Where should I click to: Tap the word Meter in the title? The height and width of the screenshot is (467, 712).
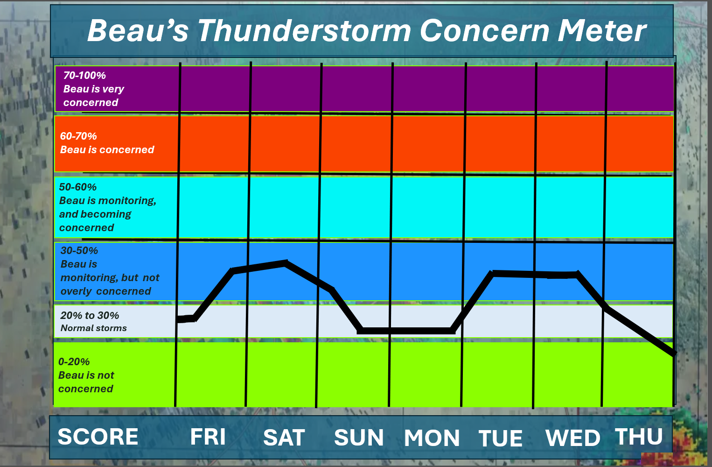click(602, 30)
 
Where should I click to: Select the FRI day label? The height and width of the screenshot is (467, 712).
click(208, 437)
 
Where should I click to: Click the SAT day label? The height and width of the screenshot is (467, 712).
click(284, 438)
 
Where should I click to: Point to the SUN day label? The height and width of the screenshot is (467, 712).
click(359, 438)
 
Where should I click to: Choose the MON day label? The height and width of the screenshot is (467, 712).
click(432, 438)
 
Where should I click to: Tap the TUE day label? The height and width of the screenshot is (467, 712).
click(501, 439)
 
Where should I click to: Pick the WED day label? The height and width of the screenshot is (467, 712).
click(573, 438)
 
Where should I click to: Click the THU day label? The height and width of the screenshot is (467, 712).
click(639, 436)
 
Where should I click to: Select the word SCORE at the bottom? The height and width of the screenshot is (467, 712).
click(98, 437)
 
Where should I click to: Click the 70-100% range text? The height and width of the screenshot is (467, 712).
click(84, 75)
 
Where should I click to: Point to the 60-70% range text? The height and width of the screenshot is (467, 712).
click(78, 136)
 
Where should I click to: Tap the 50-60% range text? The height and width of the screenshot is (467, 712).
click(78, 187)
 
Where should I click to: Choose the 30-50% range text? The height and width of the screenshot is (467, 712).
click(79, 251)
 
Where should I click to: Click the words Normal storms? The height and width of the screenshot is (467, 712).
click(94, 328)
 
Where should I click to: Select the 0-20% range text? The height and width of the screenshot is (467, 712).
click(74, 362)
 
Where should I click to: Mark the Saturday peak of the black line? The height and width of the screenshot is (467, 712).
click(286, 263)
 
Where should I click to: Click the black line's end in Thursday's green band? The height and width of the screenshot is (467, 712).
click(673, 354)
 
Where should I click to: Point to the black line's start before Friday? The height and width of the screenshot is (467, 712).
click(178, 320)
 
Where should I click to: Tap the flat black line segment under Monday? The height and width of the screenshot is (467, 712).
click(406, 331)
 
